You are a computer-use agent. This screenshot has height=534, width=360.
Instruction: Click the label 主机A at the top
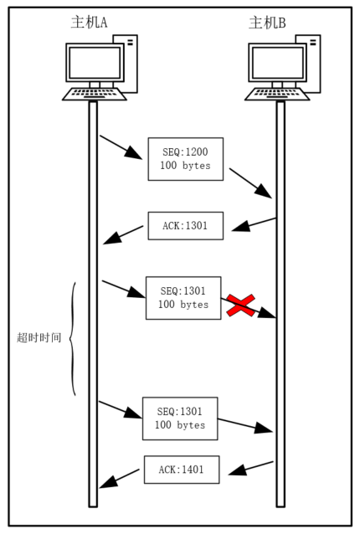[x=89, y=23]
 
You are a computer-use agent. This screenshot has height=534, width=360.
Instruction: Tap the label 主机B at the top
[x=267, y=23]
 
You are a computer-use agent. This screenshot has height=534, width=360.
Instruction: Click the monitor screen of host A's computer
[x=95, y=63]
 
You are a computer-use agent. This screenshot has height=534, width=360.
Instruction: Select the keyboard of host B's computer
[x=277, y=95]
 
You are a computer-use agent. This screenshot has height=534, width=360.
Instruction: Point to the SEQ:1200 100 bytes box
[x=186, y=159]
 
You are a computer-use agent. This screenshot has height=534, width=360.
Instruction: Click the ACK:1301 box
[x=186, y=226]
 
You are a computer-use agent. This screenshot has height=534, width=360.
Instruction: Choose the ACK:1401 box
[x=182, y=470]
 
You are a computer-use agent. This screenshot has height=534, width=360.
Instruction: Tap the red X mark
[x=241, y=306]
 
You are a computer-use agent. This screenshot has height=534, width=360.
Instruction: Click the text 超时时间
[x=39, y=337]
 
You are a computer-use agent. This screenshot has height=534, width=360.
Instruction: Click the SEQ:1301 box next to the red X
[x=183, y=298]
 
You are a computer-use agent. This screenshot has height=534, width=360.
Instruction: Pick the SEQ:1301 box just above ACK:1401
[x=180, y=418]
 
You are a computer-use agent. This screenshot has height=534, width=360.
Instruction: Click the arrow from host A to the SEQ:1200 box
[x=121, y=147]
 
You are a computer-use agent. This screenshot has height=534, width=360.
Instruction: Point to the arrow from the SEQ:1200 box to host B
[x=250, y=182]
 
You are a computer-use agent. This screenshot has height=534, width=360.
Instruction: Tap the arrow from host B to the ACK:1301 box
[x=254, y=224]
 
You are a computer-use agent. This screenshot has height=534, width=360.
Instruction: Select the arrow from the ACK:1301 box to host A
[x=123, y=234]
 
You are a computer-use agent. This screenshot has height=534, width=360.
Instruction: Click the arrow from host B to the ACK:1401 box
[x=251, y=468]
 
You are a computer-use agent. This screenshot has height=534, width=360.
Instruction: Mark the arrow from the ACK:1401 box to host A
[x=119, y=479]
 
